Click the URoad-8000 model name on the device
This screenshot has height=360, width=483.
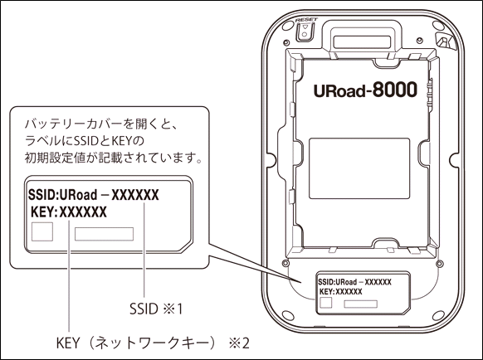coord(365,90)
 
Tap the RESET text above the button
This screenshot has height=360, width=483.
coord(306,20)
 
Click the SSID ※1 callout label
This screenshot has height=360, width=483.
coord(156,309)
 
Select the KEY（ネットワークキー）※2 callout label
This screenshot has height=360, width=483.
coord(153,343)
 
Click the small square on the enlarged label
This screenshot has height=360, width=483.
coord(42,231)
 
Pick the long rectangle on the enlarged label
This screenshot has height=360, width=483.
coord(104,234)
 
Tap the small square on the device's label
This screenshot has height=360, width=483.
coord(325,303)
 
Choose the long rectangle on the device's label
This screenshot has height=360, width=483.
coord(361,304)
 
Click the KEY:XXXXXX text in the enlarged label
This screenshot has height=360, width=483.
coord(69,212)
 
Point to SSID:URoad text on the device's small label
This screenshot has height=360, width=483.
coord(337,282)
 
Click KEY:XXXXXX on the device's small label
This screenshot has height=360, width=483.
coord(341,292)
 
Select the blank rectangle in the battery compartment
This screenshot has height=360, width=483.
coord(359,168)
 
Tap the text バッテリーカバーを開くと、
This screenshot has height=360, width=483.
coord(100,124)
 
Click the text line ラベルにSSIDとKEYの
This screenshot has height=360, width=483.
coord(85,141)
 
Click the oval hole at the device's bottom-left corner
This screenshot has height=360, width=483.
coord(288,316)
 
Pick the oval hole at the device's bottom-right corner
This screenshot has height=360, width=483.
coord(438,316)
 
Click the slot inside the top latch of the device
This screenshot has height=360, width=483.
coord(362,41)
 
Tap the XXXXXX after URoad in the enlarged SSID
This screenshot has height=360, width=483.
coord(135,195)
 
